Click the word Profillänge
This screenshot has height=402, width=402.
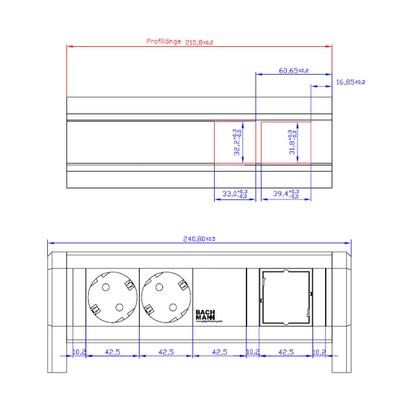pos(163,42)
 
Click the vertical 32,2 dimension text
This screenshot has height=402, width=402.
pos(238,142)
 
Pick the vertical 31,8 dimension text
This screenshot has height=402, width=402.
pos(293,142)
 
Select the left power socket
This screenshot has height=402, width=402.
pos(113,297)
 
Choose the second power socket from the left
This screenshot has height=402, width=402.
pos(166,297)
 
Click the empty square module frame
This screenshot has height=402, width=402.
pos(286,297)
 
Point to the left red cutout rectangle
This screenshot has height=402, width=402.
pos(235,142)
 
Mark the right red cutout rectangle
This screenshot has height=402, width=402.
pos(286,142)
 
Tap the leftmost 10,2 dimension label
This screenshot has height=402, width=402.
pos(79,352)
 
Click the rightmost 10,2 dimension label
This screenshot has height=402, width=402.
pos(319,352)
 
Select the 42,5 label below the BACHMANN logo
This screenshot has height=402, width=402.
pos(219,352)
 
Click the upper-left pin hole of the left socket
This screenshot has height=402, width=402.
pos(106,287)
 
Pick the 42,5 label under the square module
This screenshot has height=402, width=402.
pos(286,352)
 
